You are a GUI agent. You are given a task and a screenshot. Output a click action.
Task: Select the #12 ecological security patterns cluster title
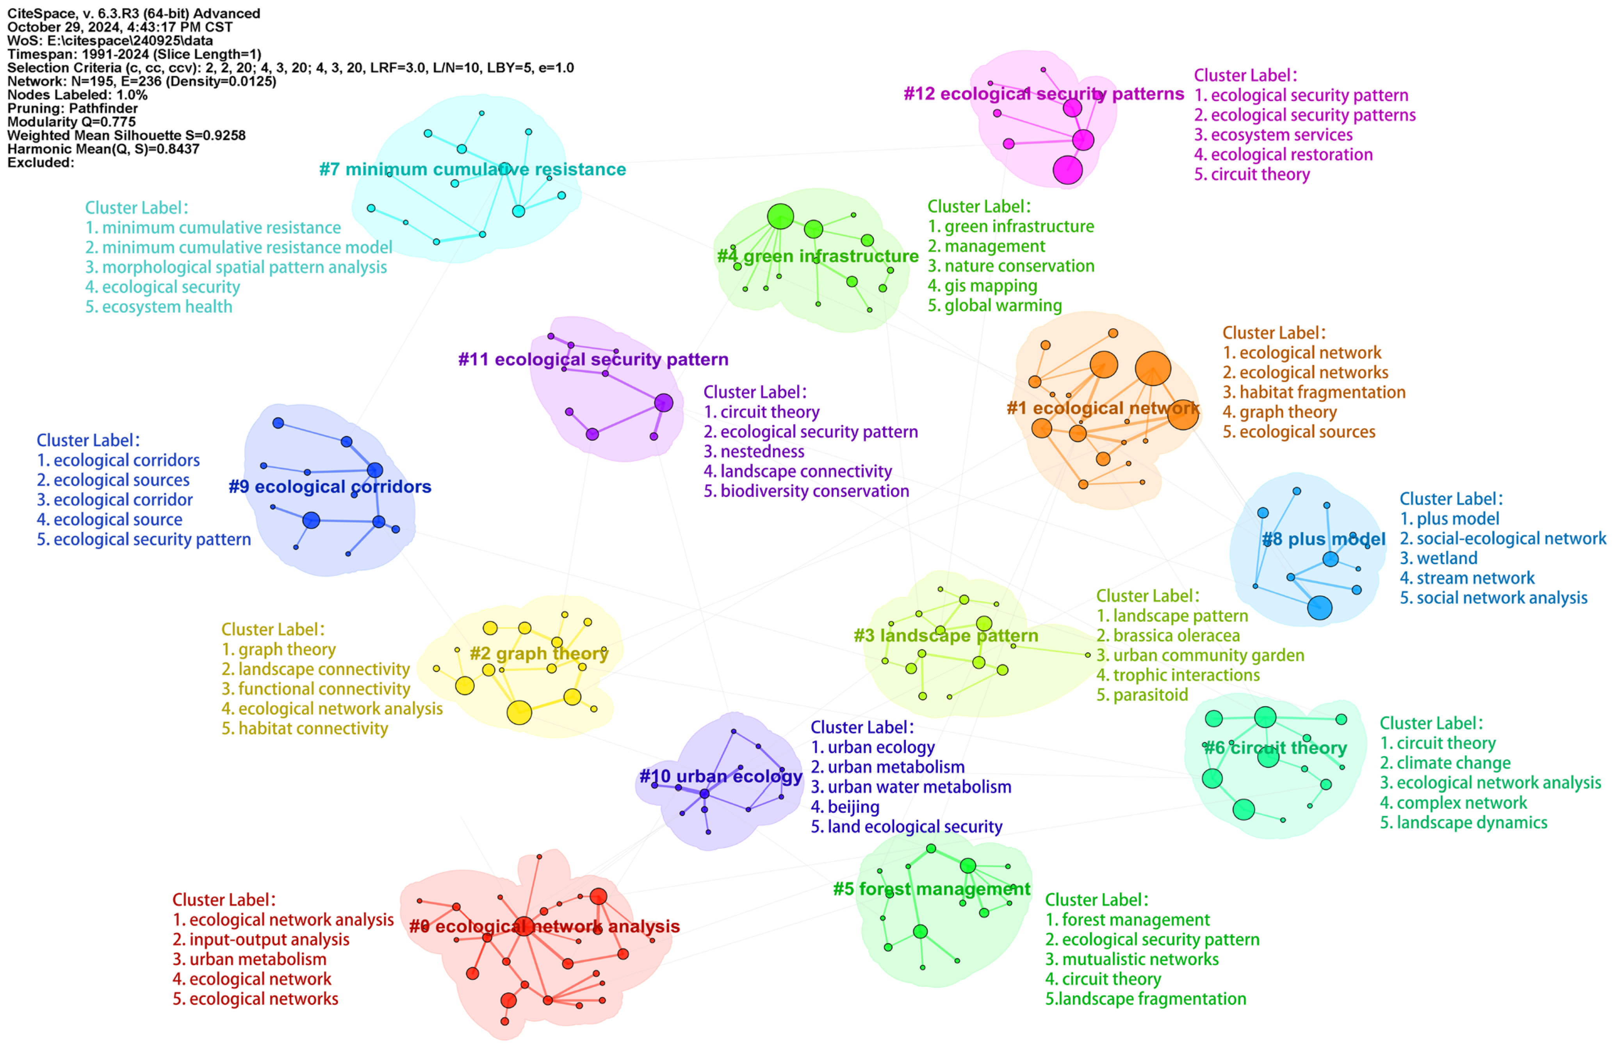pyautogui.click(x=1044, y=94)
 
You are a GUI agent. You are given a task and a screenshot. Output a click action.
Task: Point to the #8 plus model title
pyautogui.click(x=1323, y=539)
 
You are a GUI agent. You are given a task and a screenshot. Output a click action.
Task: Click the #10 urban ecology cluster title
pyautogui.click(x=720, y=776)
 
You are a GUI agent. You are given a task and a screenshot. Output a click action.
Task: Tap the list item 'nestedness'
pyautogui.click(x=762, y=451)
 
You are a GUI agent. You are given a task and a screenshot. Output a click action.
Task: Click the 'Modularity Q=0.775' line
pyautogui.click(x=71, y=121)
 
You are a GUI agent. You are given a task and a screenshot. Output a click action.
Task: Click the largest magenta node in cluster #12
pyautogui.click(x=1067, y=170)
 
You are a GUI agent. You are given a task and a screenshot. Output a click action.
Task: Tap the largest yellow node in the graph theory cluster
pyautogui.click(x=519, y=713)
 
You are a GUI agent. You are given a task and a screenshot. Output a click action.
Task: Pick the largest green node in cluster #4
pyautogui.click(x=780, y=217)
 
